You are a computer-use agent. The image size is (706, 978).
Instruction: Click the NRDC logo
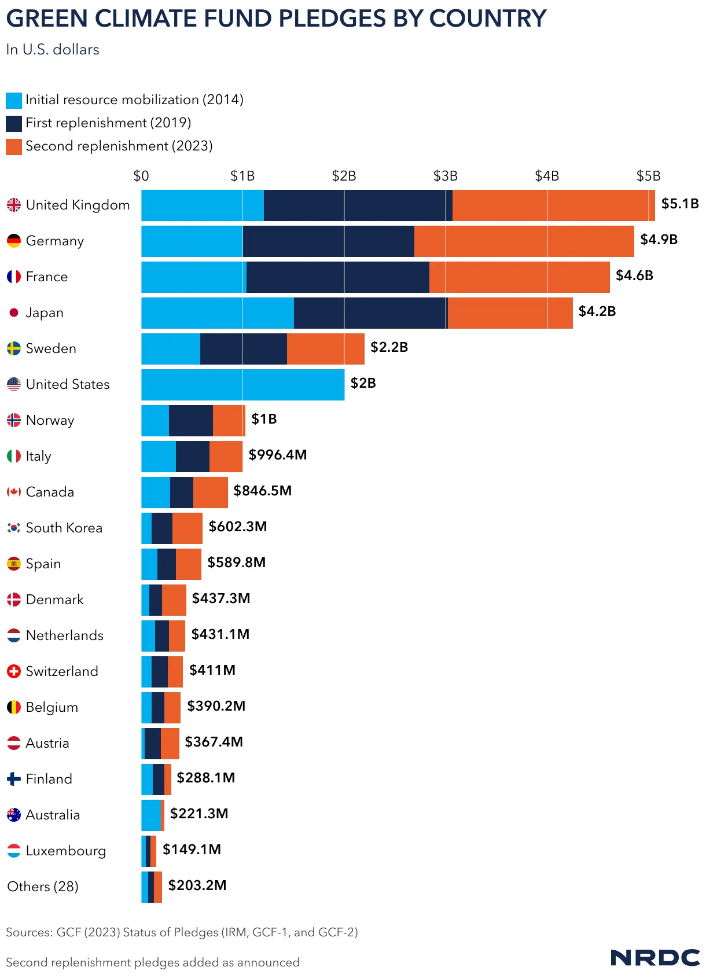point(655,957)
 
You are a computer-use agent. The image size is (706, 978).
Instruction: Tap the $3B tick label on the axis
point(445,176)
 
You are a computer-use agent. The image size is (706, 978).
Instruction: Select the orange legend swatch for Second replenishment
point(14,146)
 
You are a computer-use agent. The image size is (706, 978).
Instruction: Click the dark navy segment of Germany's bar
point(328,241)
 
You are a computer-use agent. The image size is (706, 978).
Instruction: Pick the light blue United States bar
point(242,385)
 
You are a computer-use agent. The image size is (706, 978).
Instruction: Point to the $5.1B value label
point(680,204)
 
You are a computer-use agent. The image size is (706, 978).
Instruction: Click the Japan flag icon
point(14,313)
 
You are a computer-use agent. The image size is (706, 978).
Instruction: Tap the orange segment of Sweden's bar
point(325,349)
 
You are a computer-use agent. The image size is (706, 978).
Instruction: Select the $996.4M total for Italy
point(278,455)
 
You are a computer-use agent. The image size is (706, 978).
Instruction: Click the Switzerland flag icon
point(14,671)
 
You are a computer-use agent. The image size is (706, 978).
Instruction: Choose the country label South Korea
point(64,528)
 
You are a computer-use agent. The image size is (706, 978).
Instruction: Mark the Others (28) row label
point(43,887)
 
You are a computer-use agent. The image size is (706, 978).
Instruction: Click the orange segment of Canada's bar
point(210,492)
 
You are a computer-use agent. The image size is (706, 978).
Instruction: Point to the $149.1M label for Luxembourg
point(192,850)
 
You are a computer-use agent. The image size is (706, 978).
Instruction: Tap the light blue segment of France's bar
point(193,277)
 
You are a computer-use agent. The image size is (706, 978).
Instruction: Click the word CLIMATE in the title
point(136,19)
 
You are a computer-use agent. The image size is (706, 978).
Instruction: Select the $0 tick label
point(141,176)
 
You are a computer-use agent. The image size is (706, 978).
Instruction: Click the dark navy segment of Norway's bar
point(190,421)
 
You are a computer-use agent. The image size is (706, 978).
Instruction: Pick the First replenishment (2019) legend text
point(108,123)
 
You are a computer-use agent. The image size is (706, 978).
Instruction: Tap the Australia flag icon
point(14,815)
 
